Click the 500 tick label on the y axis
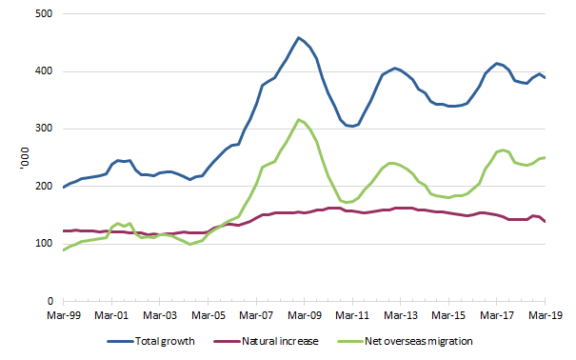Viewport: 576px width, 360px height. [44, 15]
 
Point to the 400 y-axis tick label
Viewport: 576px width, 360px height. [44, 72]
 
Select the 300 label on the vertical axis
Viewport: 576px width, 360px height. [44, 130]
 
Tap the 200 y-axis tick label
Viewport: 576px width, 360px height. [44, 187]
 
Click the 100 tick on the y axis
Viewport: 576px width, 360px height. [44, 244]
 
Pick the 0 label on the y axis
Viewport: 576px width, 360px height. [50, 301]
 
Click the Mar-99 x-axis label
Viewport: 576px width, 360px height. [64, 313]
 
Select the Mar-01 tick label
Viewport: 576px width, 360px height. [112, 313]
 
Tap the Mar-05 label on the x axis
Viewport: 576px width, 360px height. [209, 313]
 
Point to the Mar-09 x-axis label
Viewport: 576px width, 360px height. [305, 313]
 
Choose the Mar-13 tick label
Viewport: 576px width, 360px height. [401, 313]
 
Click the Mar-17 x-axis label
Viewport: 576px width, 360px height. [497, 313]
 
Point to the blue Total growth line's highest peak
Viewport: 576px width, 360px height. [299, 38]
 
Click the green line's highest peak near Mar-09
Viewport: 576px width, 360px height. [299, 120]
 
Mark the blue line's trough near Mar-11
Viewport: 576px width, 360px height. [352, 126]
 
